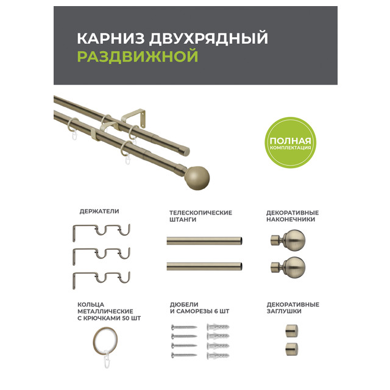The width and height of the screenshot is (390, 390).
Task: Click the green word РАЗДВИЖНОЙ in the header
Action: coord(138,56)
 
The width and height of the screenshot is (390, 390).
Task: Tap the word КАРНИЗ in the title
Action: coord(111,38)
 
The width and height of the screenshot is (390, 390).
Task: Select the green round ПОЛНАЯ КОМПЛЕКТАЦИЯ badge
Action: coord(290,143)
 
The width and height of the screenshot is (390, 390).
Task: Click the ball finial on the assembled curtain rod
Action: coord(197,178)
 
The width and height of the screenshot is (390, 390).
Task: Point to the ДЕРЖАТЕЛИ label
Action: coord(99,211)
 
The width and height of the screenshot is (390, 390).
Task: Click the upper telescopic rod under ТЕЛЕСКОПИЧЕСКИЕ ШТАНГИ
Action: coord(205,241)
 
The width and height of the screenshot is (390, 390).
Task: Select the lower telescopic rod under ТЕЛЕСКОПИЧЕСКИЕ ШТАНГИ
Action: coord(205,266)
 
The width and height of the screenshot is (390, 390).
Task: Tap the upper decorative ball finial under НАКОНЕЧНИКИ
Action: coord(288,240)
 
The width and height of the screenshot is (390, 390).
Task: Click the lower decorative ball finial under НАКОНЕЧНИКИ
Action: coord(288,267)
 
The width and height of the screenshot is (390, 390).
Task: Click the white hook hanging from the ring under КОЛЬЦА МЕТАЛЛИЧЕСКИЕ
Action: coord(107,359)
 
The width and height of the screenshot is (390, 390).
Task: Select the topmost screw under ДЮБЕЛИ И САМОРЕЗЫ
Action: coord(184,327)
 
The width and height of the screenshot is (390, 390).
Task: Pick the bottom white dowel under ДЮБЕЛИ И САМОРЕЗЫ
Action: coord(218,356)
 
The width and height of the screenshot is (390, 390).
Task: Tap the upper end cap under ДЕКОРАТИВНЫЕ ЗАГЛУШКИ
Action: coord(291,330)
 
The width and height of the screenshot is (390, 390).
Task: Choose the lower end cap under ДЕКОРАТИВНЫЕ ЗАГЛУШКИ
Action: coord(291,349)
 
